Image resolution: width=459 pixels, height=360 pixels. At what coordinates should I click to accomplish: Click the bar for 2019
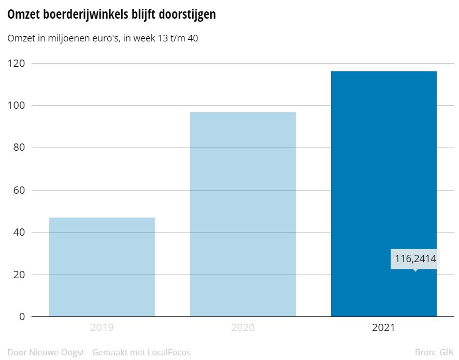coord(102,267)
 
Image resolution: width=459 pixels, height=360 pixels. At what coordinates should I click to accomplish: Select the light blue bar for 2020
coord(243,214)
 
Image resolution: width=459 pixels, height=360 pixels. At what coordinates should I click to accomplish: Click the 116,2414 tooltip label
coord(415,258)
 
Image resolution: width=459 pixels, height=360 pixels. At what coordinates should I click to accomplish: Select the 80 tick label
coord(20,148)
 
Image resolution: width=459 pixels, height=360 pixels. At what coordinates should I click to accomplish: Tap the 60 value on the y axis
coord(20,190)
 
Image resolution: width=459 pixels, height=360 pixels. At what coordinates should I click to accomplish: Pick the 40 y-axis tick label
coord(20,232)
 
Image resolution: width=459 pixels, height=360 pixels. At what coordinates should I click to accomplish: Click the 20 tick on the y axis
coord(20,275)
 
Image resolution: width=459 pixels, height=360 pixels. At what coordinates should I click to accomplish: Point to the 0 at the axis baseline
coord(22,316)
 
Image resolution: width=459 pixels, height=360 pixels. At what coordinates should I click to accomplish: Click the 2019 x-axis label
coord(102,328)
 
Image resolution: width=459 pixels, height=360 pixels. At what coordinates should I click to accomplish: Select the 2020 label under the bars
coord(243,328)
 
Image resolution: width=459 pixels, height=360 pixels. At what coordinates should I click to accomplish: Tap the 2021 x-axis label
coord(383,328)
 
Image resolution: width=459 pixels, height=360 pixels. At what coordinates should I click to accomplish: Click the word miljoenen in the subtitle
coord(66,38)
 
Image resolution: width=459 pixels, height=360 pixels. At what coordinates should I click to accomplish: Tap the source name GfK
coord(446,353)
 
